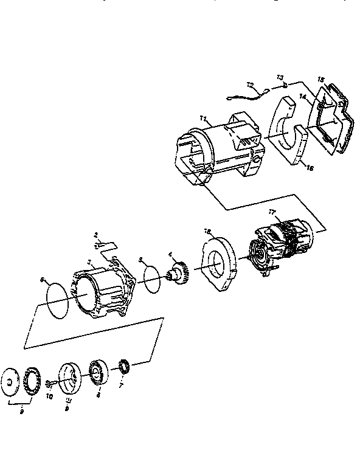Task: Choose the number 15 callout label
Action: click(x=322, y=80)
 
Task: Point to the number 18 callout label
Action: click(x=207, y=232)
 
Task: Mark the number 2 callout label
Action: click(x=95, y=233)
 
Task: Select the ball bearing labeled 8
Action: click(x=99, y=372)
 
